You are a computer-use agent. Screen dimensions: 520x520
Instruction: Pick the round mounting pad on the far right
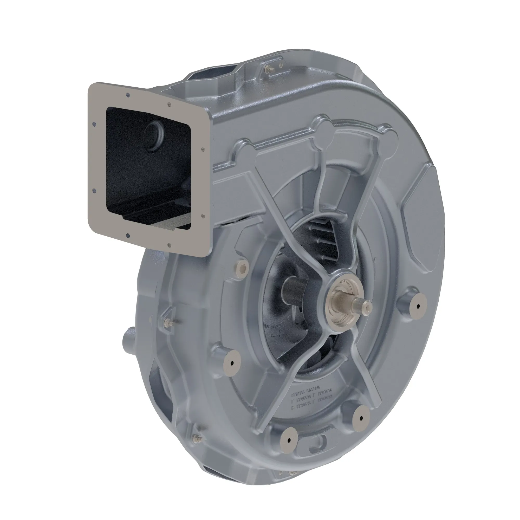pyautogui.click(x=418, y=306)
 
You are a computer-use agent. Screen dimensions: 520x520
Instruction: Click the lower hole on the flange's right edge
pyautogui.click(x=203, y=215)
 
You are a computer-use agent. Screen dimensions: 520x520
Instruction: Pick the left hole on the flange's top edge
pyautogui.click(x=128, y=95)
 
